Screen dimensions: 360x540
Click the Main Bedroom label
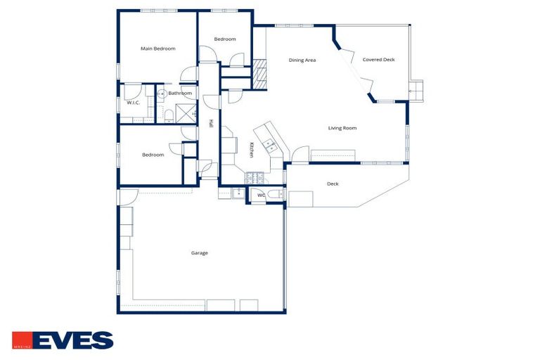[157, 49]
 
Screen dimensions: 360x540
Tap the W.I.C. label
[133, 103]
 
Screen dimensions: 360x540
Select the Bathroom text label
[180, 94]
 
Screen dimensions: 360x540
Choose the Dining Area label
[302, 60]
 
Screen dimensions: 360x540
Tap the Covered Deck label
[378, 60]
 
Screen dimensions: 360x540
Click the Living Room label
[342, 128]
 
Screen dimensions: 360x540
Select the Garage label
[200, 253]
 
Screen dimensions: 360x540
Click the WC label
[261, 195]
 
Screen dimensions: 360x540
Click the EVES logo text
[72, 340]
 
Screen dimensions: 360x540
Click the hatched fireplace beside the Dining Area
[261, 71]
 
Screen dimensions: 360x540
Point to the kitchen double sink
[269, 146]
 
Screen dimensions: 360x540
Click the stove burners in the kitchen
[257, 174]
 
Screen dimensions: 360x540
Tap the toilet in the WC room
[275, 194]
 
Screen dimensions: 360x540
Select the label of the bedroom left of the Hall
[153, 155]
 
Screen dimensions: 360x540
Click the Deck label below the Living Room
[333, 184]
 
